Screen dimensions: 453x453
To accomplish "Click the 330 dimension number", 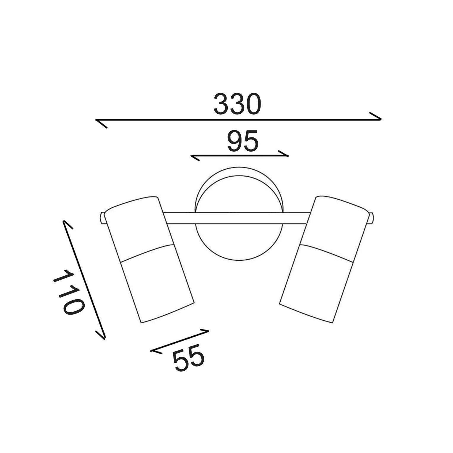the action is (x=237, y=104).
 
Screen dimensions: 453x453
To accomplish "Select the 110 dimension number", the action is (x=68, y=292).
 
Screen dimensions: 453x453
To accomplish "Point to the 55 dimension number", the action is (x=189, y=357).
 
